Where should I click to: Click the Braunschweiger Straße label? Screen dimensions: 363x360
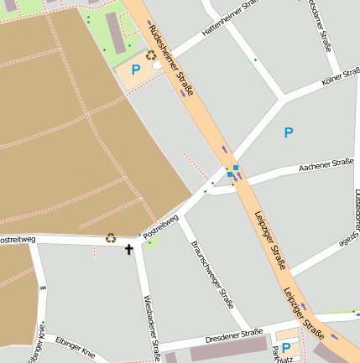coord(212,270)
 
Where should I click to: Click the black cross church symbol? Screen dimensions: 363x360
coord(129,249)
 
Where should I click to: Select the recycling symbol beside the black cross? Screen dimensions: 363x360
coord(110,237)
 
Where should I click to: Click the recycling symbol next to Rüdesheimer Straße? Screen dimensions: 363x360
coord(151,56)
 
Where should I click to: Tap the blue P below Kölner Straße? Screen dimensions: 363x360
coord(289,132)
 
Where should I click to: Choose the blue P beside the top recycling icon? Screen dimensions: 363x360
coord(135,70)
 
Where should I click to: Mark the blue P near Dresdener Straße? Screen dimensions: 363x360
coord(285,347)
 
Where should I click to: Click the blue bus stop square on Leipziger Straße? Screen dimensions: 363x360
coord(236,169)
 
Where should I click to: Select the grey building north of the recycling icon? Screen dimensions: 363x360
coord(116,30)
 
